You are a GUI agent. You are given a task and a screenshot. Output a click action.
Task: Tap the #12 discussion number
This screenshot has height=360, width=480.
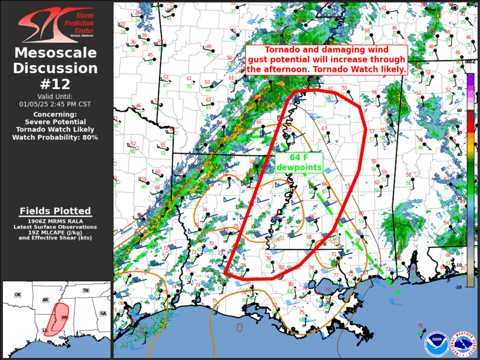(x=56, y=84)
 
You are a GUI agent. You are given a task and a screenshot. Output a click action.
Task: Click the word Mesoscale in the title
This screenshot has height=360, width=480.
(x=56, y=54)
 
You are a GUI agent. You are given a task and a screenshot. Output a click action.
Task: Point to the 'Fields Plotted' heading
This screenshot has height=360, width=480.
(x=55, y=211)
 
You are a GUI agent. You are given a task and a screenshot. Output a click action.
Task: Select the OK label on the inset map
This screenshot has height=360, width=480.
(x=18, y=295)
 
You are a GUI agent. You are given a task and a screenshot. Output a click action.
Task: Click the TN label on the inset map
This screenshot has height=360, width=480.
(x=85, y=290)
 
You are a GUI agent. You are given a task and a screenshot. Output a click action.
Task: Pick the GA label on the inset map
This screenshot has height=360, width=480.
(x=103, y=313)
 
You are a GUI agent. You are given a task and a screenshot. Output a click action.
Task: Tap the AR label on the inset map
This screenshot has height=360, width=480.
(x=45, y=300)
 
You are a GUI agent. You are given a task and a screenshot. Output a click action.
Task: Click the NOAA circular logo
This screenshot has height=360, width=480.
(x=434, y=341)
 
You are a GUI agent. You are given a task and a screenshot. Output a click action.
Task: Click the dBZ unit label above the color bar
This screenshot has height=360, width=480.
(x=470, y=62)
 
